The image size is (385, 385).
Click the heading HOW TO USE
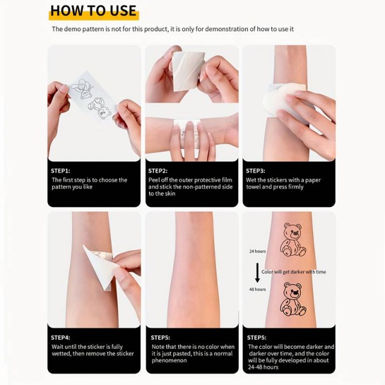(x=93, y=11)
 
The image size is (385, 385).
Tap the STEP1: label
(x=60, y=171)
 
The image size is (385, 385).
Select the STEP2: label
(x=158, y=171)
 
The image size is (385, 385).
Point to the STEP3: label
(x=255, y=171)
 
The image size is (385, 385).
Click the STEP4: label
(x=60, y=337)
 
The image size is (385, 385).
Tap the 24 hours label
(x=257, y=251)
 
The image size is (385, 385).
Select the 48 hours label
(x=257, y=289)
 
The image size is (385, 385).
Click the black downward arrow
(x=257, y=273)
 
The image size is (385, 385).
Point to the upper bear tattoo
(x=293, y=239)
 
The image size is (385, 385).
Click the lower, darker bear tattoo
(x=293, y=299)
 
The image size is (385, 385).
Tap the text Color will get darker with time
(x=294, y=272)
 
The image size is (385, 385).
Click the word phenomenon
(x=169, y=360)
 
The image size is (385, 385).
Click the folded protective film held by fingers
(x=188, y=71)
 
